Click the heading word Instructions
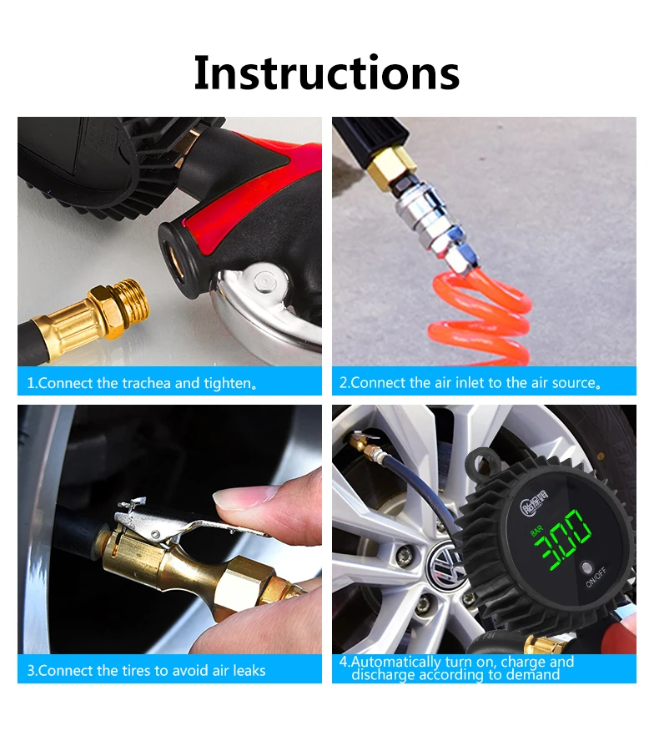[x=327, y=73]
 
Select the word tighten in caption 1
[x=227, y=384]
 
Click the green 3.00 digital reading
[x=563, y=539]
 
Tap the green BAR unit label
[x=536, y=531]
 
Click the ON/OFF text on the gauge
[x=596, y=577]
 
